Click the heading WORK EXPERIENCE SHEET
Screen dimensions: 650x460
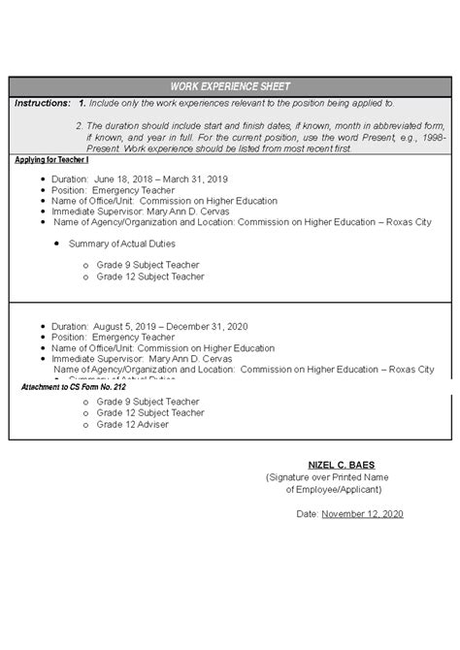230,86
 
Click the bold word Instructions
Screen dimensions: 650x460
42,103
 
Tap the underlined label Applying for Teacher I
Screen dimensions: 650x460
52,159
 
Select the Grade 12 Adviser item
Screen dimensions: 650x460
132,424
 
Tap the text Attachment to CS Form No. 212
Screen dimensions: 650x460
74,387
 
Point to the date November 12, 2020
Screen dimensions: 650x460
362,513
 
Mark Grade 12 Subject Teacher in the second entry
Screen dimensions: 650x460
149,412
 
